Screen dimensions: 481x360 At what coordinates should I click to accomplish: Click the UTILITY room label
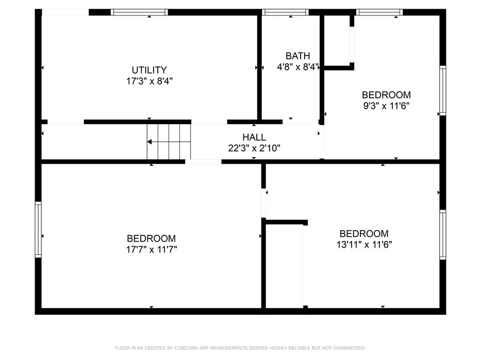point(149,70)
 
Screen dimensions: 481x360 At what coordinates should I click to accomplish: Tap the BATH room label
point(297,56)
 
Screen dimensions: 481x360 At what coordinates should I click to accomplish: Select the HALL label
point(254,138)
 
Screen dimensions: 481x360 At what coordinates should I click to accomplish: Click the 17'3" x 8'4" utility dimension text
point(150,81)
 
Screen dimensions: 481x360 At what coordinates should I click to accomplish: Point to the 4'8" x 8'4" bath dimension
point(298,67)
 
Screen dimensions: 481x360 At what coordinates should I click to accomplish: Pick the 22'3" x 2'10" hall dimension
point(254,148)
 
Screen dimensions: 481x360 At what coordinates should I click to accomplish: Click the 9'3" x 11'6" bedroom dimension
point(386,106)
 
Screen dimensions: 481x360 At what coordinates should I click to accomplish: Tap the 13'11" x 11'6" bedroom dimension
point(364,245)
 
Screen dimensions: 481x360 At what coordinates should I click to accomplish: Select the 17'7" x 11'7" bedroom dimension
point(152,249)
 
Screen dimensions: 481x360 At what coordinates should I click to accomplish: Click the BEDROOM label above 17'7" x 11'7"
point(151,238)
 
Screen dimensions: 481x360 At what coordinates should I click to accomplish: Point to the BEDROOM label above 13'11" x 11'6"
point(364,233)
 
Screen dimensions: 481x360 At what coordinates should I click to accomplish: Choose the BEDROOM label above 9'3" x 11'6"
point(386,95)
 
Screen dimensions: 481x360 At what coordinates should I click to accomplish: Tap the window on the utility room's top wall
point(139,12)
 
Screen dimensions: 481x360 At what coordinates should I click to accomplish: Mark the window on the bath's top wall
point(285,12)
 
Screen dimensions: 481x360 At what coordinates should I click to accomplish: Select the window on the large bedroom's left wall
point(38,230)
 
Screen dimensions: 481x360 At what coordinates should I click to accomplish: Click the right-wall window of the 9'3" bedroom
point(443,91)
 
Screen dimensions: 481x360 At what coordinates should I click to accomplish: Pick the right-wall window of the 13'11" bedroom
point(443,235)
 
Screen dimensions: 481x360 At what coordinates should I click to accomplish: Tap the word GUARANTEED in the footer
point(350,348)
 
